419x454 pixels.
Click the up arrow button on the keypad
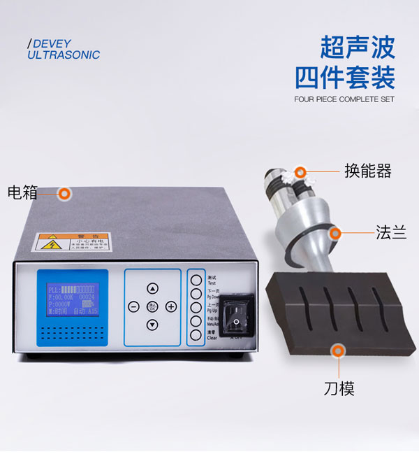[x=152, y=288]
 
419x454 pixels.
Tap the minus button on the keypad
[x=134, y=306]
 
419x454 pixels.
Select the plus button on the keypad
[x=170, y=306]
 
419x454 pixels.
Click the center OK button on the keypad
[x=152, y=306]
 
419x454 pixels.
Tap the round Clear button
[x=196, y=334]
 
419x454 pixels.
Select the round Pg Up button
[x=196, y=307]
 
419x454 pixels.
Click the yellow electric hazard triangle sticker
[x=50, y=246]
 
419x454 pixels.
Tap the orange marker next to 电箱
[x=65, y=192]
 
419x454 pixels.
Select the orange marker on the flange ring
[x=336, y=232]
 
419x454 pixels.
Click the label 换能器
[x=367, y=171]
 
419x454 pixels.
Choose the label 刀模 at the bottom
[x=339, y=388]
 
